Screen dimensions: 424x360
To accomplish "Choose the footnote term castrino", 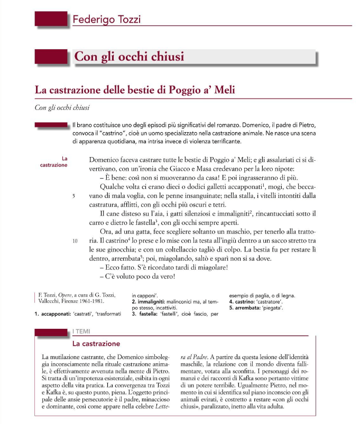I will point(247,301).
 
